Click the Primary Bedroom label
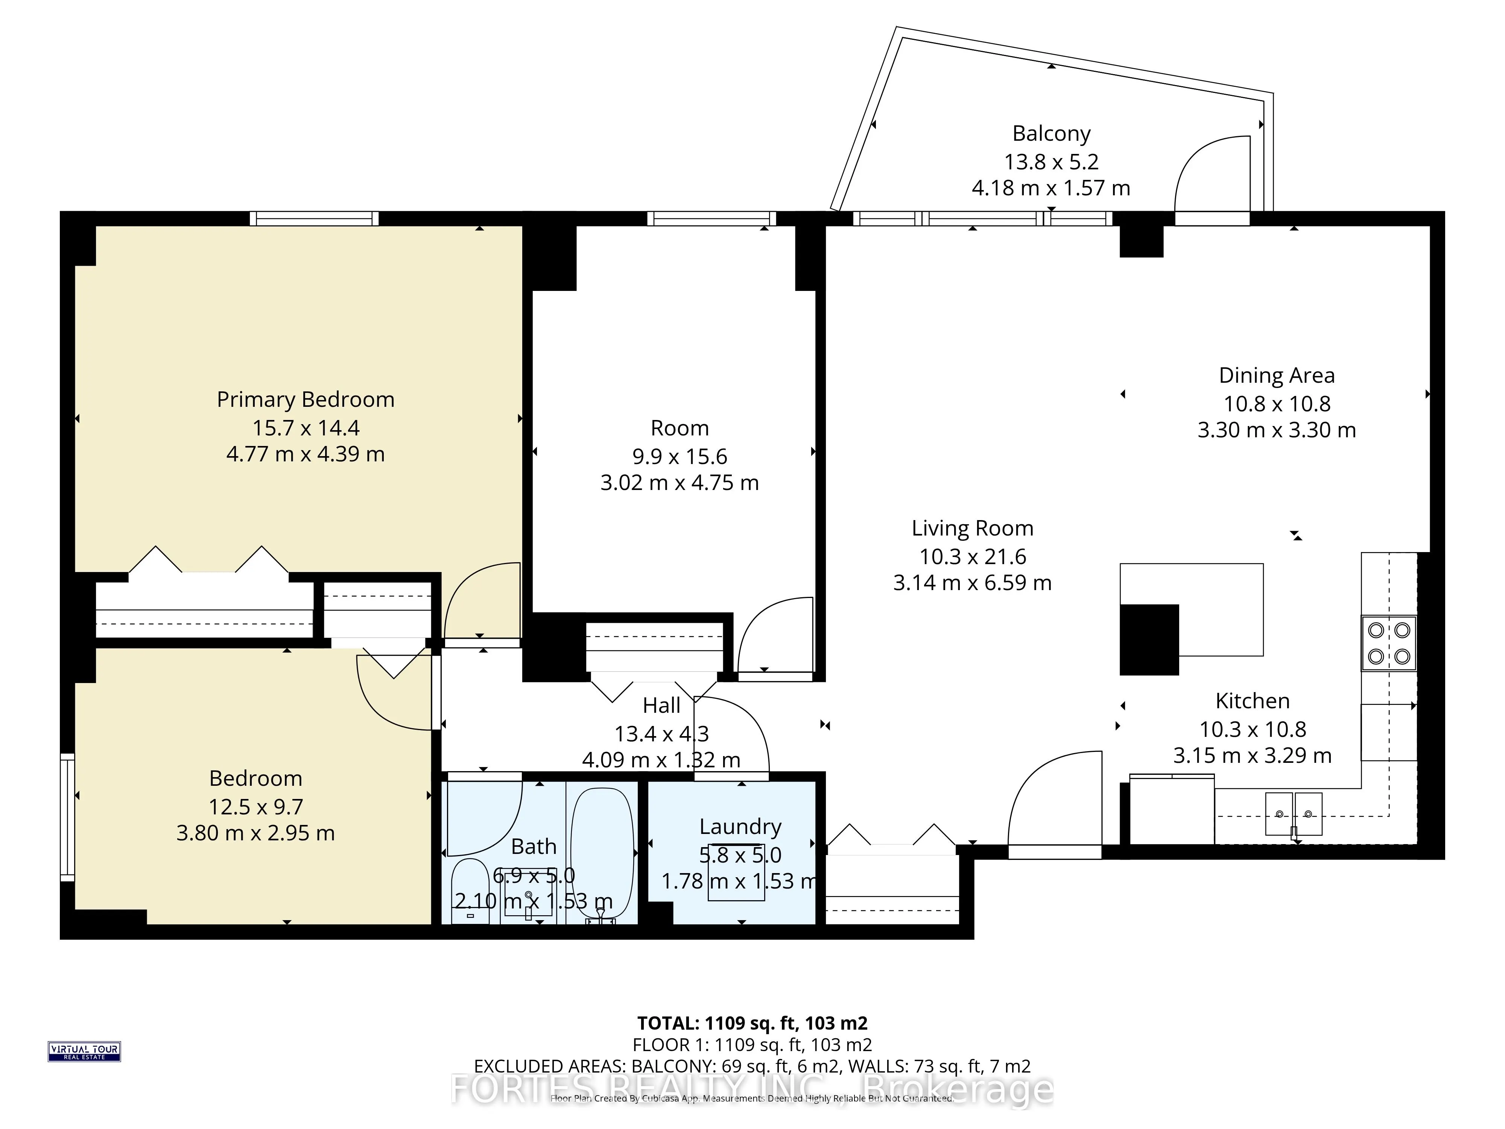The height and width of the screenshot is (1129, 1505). tap(306, 399)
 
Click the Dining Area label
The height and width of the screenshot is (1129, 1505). tap(1276, 376)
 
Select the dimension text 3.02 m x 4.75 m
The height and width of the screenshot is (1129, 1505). tap(679, 482)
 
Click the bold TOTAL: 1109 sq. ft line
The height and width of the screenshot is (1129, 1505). tap(752, 1023)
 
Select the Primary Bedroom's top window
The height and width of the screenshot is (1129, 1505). tap(314, 218)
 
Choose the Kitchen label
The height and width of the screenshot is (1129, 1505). tap(1252, 701)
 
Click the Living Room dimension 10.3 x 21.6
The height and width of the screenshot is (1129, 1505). tap(972, 557)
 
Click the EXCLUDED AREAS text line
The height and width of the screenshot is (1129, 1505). tap(752, 1067)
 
